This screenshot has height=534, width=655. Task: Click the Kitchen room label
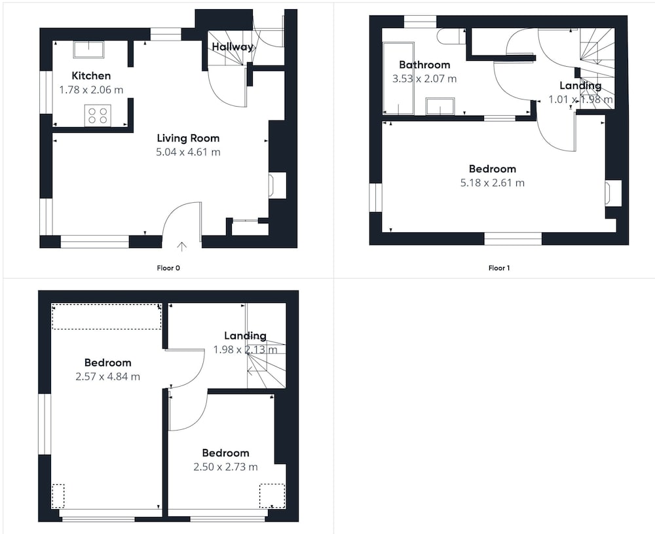coord(91,75)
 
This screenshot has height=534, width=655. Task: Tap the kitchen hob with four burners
coord(98,115)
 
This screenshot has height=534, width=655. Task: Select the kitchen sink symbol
coord(88,50)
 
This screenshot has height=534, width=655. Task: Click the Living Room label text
coord(188,138)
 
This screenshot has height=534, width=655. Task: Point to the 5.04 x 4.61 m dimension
coord(188,152)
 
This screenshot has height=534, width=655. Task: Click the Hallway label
coord(233,46)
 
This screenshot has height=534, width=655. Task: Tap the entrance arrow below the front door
coord(181,246)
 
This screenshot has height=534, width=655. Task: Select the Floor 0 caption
coord(168,268)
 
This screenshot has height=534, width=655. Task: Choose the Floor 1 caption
coord(499,268)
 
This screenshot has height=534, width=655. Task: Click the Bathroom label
coord(424,65)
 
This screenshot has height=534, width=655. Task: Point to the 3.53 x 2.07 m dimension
coord(424,79)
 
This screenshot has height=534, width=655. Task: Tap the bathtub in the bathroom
coord(398,78)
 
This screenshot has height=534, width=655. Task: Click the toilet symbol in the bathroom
coord(451,36)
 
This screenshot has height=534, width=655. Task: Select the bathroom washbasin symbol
coord(440,106)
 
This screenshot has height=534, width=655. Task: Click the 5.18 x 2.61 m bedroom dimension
coord(493,183)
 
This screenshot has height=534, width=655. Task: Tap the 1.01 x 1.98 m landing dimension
coord(580,99)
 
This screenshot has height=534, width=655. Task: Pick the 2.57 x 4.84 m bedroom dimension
coord(108,376)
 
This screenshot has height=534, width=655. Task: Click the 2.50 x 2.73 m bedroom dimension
coord(225,467)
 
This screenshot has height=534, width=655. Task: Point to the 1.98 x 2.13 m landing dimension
coord(245,349)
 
